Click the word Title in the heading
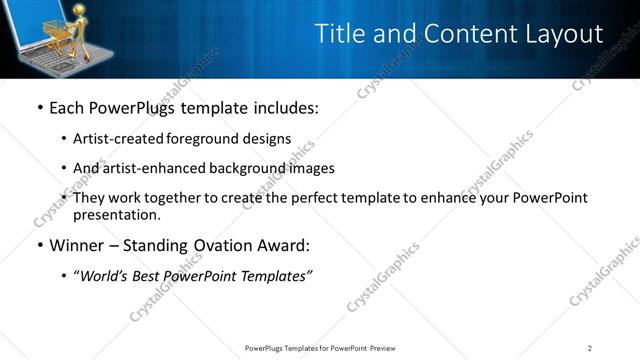point(342,34)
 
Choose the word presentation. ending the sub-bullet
point(116,214)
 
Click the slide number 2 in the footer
point(590,347)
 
